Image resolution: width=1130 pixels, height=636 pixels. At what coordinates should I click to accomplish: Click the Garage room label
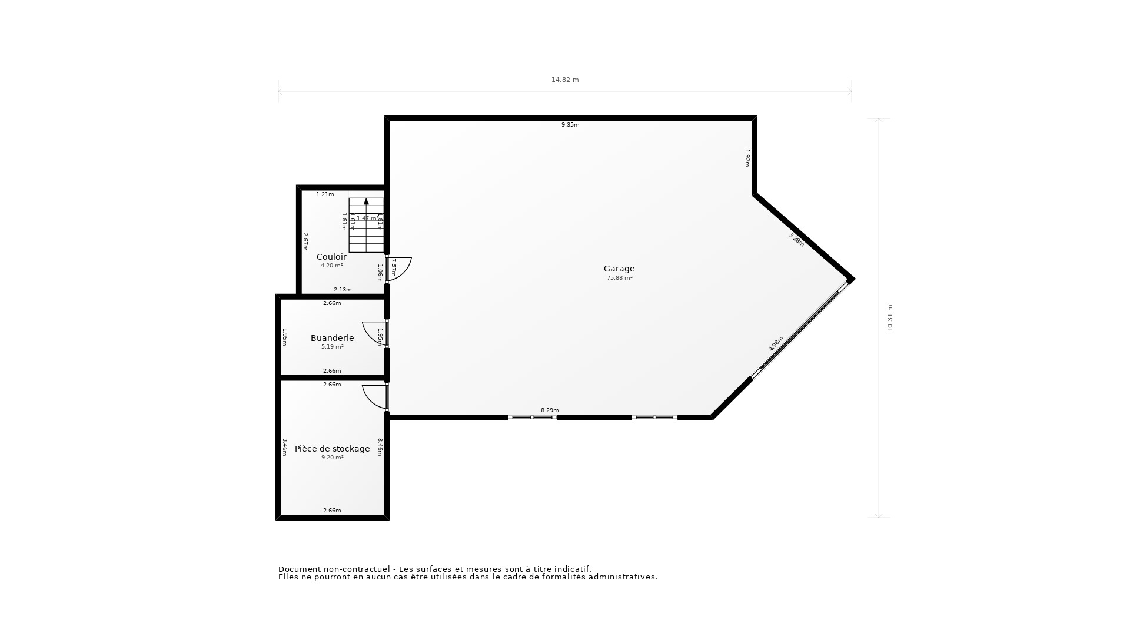(619, 269)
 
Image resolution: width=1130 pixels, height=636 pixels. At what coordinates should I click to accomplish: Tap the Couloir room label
(331, 257)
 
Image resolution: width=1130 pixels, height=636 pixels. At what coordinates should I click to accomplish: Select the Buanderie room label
(332, 338)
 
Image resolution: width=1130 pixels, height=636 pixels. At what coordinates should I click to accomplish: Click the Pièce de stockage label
(332, 449)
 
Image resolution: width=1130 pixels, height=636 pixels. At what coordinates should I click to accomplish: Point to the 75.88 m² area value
(619, 278)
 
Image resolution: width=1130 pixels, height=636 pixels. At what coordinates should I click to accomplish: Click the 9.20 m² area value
(332, 458)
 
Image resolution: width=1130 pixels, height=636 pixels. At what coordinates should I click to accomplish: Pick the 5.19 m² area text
(332, 347)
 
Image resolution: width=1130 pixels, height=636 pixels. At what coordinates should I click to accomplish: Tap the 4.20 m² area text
(331, 266)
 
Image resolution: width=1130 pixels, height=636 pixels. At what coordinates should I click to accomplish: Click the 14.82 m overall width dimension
(565, 79)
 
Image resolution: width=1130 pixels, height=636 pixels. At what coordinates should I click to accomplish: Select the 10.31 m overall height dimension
(890, 318)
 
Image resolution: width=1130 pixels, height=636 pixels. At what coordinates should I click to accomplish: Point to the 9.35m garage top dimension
(570, 125)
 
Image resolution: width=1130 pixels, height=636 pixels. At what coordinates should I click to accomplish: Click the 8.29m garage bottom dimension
(550, 410)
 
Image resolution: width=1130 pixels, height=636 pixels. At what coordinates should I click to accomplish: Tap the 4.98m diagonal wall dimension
(776, 344)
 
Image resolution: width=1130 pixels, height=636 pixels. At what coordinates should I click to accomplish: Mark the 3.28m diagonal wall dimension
(796, 240)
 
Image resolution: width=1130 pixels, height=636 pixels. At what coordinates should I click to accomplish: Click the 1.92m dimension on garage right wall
(747, 158)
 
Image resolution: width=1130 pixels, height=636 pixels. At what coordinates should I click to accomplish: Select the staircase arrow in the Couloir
(366, 201)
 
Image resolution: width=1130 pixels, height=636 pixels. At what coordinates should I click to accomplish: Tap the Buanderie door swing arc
(372, 333)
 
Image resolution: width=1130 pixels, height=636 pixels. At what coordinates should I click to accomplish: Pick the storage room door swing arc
(372, 397)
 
